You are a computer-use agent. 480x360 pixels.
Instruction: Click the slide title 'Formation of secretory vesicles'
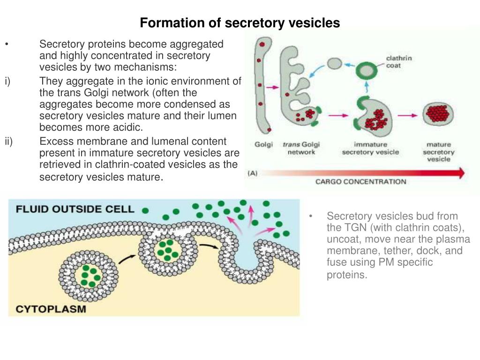tap(240, 22)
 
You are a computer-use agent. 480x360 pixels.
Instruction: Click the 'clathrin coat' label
tap(398, 62)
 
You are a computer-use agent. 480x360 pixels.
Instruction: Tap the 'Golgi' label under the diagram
tap(263, 144)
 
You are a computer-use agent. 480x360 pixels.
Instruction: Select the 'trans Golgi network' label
tap(300, 148)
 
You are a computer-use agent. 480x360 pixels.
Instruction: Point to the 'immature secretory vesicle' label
tap(370, 148)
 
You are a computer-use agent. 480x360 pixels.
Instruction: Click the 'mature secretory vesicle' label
tap(439, 151)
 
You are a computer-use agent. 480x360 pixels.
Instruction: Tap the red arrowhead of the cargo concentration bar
tap(461, 173)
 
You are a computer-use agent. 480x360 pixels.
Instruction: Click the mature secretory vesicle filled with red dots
tap(439, 114)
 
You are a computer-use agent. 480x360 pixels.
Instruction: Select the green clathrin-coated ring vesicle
tap(366, 71)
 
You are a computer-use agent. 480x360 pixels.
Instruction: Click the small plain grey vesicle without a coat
tap(334, 63)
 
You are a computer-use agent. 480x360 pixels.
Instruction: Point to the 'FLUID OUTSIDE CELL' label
tap(75, 209)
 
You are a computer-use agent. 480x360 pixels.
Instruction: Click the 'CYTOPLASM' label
tap(52, 309)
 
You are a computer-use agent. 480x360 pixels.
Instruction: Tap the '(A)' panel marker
tap(253, 173)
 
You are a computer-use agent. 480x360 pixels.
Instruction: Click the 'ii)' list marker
tap(9, 142)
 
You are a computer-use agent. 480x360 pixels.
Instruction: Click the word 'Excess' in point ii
tap(55, 142)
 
